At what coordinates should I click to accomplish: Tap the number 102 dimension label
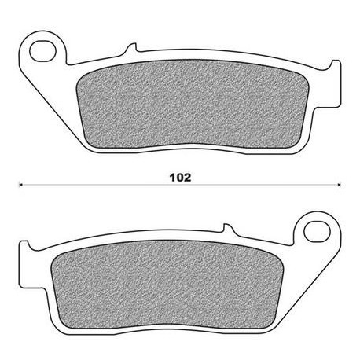180,178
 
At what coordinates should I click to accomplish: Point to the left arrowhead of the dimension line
20,186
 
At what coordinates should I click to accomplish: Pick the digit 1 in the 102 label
171,178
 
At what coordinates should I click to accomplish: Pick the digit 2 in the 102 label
188,178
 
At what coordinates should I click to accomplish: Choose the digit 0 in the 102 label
179,178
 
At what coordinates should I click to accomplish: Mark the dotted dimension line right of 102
267,186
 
